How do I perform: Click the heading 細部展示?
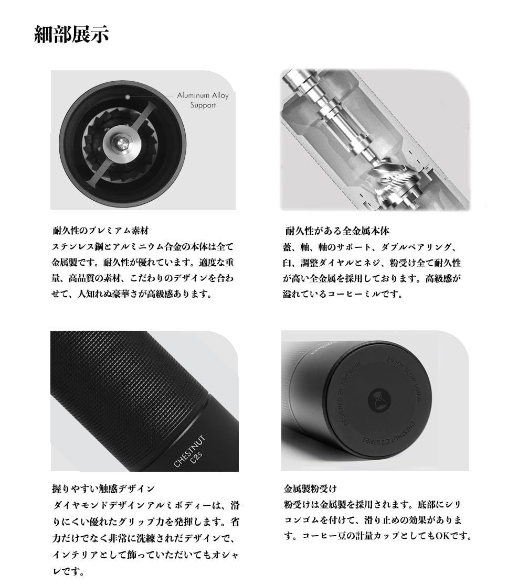point(71,35)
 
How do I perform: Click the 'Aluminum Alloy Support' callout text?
point(203,100)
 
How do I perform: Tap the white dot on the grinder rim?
point(127,96)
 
